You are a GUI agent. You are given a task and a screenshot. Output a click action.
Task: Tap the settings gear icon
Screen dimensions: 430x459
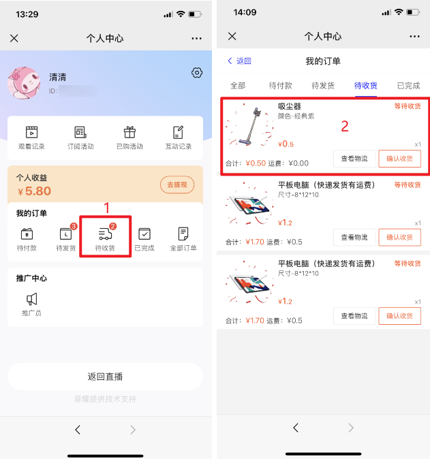coord(197,73)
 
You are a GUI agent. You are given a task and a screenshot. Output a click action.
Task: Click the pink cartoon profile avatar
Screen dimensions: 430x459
coord(24,83)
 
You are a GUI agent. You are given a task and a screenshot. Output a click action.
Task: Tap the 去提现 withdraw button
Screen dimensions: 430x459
coord(177,185)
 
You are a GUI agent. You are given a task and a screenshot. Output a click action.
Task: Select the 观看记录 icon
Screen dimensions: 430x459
coord(31,132)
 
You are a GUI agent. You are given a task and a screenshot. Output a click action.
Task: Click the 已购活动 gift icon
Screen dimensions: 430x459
coord(129,132)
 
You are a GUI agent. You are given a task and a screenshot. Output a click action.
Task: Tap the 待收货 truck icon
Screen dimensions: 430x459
coord(105,234)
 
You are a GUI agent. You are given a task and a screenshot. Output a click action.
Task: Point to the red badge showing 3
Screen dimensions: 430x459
coord(74,226)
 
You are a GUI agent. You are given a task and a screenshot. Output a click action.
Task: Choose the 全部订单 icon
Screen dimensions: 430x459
coord(183,234)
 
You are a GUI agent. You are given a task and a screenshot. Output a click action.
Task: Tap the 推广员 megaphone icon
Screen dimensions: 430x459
coord(31,299)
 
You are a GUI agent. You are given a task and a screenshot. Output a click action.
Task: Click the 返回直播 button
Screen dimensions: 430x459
coord(105,377)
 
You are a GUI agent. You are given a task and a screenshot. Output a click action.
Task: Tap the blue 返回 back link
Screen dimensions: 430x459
coord(240,61)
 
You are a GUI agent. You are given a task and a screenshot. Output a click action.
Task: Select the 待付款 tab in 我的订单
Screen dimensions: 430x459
coord(280,86)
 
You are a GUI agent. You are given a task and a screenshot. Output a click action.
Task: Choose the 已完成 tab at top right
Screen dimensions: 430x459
coord(408,86)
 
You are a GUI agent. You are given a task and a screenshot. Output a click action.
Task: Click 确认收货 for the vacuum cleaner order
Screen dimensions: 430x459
coord(399,159)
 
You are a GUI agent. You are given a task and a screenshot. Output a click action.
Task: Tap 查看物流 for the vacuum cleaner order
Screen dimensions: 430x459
coord(354,159)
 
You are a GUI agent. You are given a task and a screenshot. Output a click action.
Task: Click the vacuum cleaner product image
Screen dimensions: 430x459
coord(249,125)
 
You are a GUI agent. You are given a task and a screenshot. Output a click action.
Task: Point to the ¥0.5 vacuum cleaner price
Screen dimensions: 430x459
coord(286,144)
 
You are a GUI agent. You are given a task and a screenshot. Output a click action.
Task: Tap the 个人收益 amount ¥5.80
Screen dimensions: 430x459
coord(34,191)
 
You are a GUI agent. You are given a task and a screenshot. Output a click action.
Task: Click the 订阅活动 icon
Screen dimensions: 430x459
coord(80,132)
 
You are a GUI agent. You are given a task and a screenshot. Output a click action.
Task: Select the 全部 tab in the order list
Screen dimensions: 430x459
coord(238,86)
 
